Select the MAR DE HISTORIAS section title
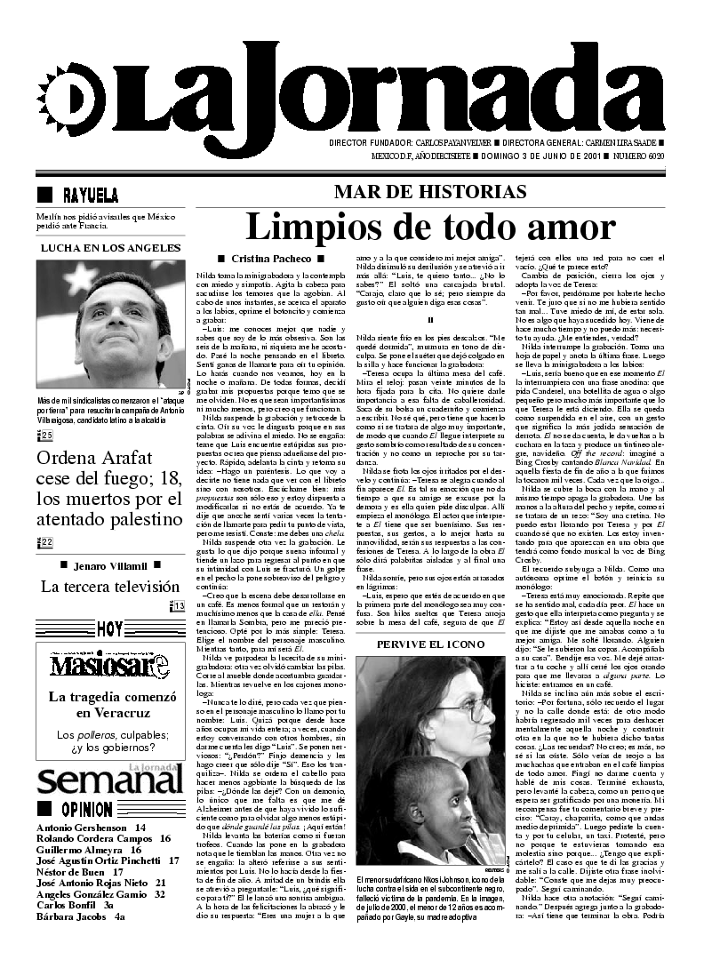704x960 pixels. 430,192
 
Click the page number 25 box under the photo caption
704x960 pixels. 46,435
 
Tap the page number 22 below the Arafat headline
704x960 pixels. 46,542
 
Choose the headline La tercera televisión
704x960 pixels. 110,587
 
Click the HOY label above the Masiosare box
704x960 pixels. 110,629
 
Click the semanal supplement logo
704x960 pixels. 108,782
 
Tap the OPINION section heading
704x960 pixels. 86,810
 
